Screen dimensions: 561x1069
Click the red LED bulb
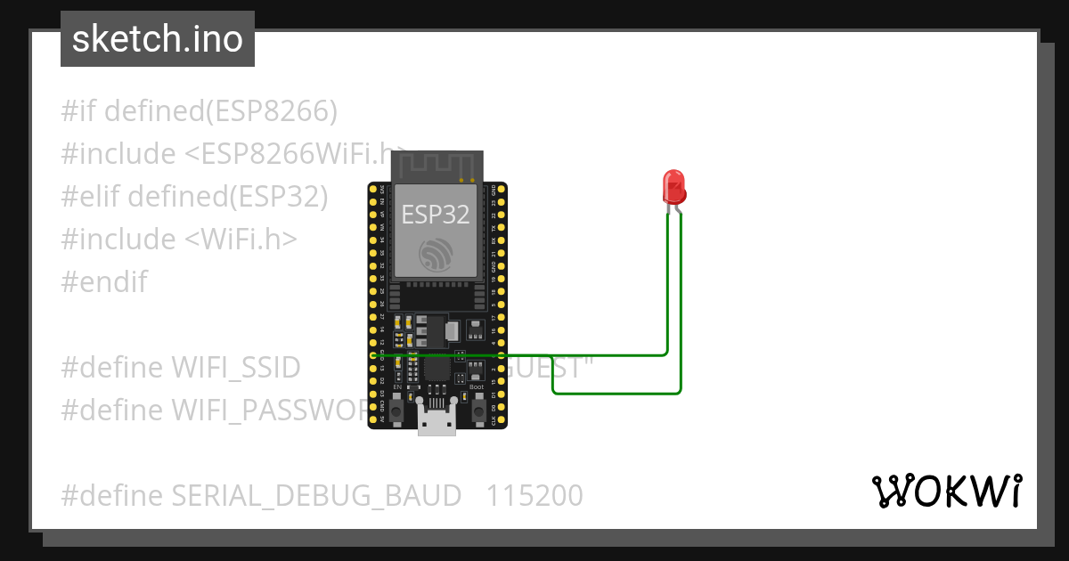[x=674, y=188]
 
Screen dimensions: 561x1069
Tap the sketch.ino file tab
[x=158, y=39]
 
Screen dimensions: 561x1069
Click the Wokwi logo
[x=946, y=491]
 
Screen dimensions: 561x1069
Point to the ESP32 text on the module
[x=436, y=214]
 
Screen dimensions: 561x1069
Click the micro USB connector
[x=437, y=418]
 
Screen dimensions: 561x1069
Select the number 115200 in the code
[x=534, y=495]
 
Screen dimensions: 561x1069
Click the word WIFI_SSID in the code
[x=236, y=367]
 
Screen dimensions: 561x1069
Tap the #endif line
[x=104, y=282]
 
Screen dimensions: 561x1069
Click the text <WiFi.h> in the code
[x=241, y=240]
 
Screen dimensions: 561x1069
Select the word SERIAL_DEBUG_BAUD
[x=316, y=495]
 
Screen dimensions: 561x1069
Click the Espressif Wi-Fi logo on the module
[x=437, y=256]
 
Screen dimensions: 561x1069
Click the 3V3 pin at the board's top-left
[x=372, y=190]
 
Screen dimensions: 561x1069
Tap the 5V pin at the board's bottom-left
[x=372, y=419]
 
